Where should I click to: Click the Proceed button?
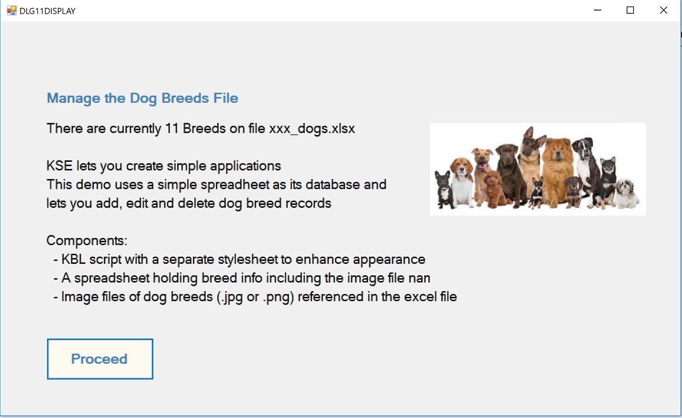coord(100,359)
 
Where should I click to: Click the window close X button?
coord(663,11)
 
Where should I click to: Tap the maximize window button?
coord(630,11)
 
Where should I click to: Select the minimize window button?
coord(597,11)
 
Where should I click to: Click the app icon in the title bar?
coord(11,11)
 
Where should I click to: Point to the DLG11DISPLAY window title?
coord(47,11)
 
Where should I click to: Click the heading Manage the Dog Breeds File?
coord(143,98)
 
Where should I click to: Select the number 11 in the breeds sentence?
coord(172,128)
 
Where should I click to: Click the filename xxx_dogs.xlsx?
coord(312,129)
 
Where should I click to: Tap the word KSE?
coord(59,166)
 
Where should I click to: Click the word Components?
coord(87,241)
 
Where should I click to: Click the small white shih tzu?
coord(627,194)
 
